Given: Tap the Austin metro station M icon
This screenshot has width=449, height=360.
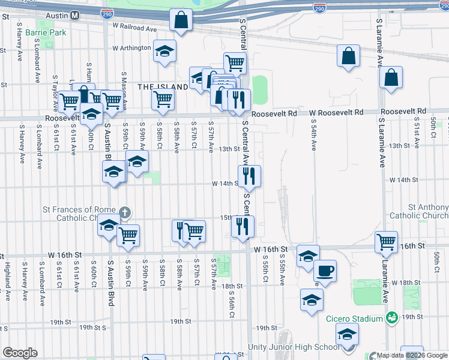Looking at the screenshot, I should pos(74,16).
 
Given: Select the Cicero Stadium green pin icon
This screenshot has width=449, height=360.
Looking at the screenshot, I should pos(392,316).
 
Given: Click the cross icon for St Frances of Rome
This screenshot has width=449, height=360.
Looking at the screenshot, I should pos(124,212).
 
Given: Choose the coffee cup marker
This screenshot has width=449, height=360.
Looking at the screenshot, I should pos(325,271).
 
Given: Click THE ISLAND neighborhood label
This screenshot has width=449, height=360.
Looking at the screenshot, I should pos(163,87).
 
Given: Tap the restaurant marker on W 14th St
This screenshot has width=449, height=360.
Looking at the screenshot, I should pos(249,176).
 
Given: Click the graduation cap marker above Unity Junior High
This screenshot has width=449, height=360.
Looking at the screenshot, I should pos(346,334).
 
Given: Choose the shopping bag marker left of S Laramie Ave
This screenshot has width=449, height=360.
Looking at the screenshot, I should pos(349,58).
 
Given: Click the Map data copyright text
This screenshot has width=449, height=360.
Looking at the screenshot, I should pos(412,355).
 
